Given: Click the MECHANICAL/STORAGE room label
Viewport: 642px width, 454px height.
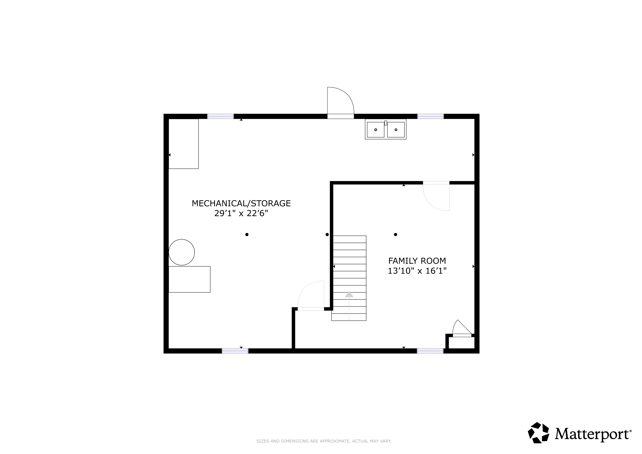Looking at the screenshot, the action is pyautogui.click(x=241, y=203).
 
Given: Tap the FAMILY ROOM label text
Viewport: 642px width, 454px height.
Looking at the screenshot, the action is pyautogui.click(x=417, y=261).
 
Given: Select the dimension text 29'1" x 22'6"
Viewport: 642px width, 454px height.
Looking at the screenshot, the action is pyautogui.click(x=241, y=213).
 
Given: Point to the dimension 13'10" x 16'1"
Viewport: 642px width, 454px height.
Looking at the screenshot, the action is pyautogui.click(x=417, y=271).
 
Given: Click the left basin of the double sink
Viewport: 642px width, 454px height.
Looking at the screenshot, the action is pyautogui.click(x=376, y=130).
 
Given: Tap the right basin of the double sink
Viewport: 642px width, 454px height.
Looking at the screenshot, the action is pyautogui.click(x=396, y=130).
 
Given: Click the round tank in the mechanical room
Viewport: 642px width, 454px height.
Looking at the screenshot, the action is pyautogui.click(x=182, y=252).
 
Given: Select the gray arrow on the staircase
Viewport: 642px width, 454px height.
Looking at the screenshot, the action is pyautogui.click(x=349, y=294).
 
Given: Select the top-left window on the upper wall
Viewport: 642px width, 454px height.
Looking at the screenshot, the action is pyautogui.click(x=220, y=116).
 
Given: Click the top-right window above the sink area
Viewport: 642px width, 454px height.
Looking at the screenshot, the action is pyautogui.click(x=431, y=116).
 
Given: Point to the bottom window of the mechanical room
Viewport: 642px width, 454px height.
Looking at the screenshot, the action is pyautogui.click(x=235, y=351).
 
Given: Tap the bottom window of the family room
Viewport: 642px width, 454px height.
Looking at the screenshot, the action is pyautogui.click(x=430, y=351).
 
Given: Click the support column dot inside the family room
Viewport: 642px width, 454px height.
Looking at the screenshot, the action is pyautogui.click(x=395, y=235).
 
